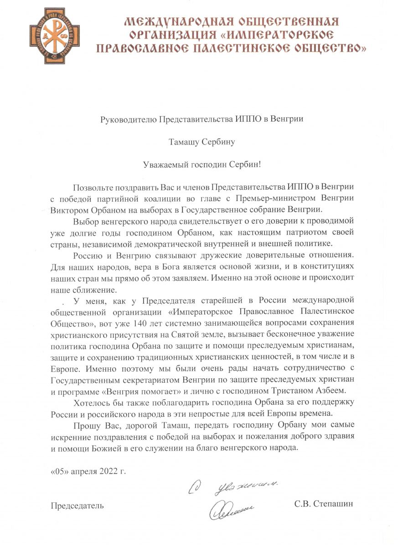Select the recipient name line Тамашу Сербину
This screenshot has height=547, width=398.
(x=202, y=142)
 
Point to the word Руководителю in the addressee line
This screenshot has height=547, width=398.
(x=128, y=119)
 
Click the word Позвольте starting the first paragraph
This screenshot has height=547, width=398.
(x=89, y=187)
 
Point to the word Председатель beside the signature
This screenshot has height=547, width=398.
(x=77, y=505)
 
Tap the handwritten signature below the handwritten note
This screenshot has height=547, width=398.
(x=231, y=510)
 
